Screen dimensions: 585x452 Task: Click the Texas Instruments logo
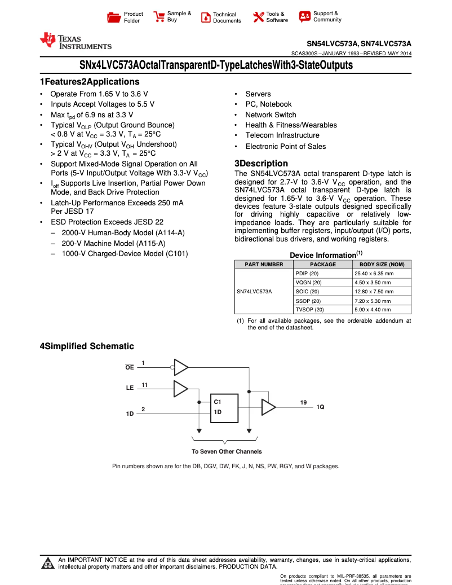click(x=75, y=41)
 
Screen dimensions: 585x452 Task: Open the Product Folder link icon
click(x=114, y=17)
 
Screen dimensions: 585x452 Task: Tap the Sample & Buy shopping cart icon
click(x=159, y=16)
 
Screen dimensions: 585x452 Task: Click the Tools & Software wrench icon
click(x=259, y=17)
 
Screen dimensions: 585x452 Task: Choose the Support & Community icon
click(x=305, y=16)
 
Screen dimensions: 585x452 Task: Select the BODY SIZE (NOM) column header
click(x=382, y=265)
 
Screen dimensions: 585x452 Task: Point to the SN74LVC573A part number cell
click(x=254, y=292)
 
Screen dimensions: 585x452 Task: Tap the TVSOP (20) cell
click(x=309, y=310)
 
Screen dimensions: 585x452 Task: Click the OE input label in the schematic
click(x=130, y=368)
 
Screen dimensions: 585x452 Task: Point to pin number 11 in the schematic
click(x=144, y=385)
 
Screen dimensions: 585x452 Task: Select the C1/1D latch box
click(x=224, y=407)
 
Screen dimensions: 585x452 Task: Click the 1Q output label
click(x=320, y=407)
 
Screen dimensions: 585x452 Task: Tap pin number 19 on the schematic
click(x=303, y=402)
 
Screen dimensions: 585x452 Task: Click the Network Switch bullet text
click(x=271, y=115)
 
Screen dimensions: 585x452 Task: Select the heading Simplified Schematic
click(x=87, y=346)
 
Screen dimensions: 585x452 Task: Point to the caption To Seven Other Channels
click(x=227, y=451)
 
